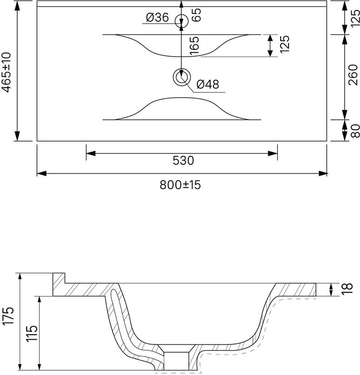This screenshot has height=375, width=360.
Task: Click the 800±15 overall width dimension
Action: click(x=180, y=185)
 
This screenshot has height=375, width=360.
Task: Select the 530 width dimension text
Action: click(x=182, y=161)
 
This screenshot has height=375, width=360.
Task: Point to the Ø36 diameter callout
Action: click(x=157, y=18)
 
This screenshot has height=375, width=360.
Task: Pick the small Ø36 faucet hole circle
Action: click(x=181, y=20)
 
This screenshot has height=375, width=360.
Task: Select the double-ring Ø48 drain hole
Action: click(x=181, y=77)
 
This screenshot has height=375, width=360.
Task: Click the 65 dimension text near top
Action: click(x=195, y=14)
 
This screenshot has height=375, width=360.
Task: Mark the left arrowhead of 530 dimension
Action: click(x=90, y=152)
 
